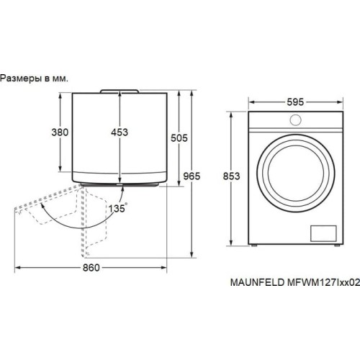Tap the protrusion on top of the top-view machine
pyautogui.click(x=120, y=91)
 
